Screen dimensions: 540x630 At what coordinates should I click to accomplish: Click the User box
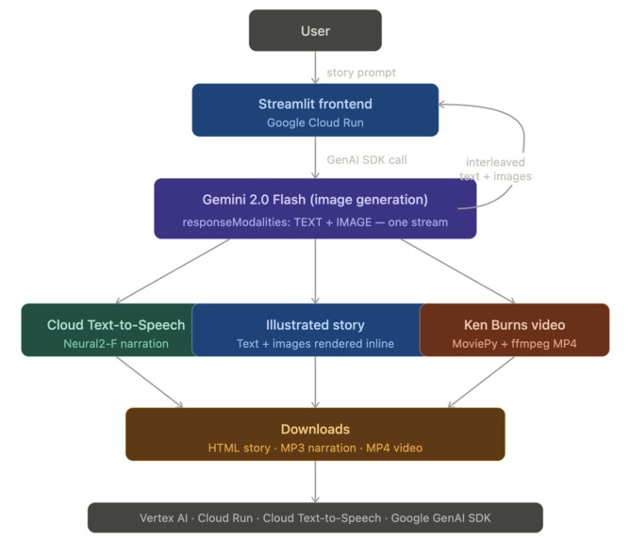click(315, 30)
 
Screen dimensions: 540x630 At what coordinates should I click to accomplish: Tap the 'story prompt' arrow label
click(361, 73)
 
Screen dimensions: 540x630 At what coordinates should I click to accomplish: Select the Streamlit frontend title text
click(315, 104)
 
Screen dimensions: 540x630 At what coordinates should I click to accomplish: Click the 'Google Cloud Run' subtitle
click(315, 123)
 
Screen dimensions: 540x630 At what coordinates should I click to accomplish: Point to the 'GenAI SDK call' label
click(366, 160)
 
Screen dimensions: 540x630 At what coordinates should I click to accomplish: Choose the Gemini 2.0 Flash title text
click(315, 200)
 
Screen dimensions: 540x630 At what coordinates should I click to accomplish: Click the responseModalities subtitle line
click(315, 221)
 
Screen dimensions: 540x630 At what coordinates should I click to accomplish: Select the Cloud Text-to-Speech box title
click(116, 325)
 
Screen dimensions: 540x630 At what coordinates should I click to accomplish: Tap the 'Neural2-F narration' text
click(116, 344)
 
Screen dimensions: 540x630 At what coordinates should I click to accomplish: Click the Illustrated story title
click(315, 325)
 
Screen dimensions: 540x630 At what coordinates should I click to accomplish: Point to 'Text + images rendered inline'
click(315, 344)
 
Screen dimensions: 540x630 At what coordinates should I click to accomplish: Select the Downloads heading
click(315, 429)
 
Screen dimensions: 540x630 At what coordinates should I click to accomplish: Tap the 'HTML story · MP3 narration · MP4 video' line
click(315, 448)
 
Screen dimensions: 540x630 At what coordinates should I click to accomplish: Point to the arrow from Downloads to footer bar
click(315, 482)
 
